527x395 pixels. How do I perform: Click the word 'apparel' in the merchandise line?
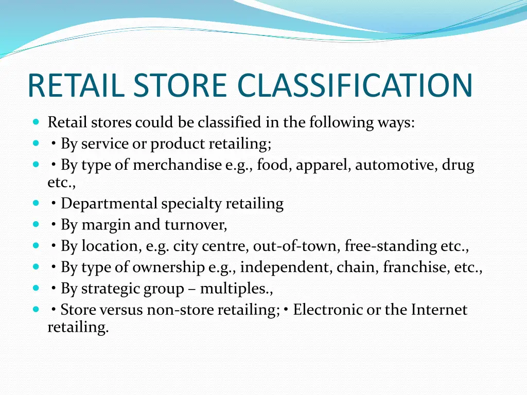pos(323,165)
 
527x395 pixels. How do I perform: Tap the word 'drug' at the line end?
pos(458,165)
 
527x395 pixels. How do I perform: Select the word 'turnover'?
pos(195,225)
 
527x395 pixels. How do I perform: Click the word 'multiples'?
pos(234,289)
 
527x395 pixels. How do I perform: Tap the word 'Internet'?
pos(439,310)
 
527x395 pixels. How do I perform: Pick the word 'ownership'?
pos(168,267)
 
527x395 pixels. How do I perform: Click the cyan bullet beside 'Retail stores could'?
pos(36,122)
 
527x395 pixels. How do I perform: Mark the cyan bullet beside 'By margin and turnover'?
pos(36,225)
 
